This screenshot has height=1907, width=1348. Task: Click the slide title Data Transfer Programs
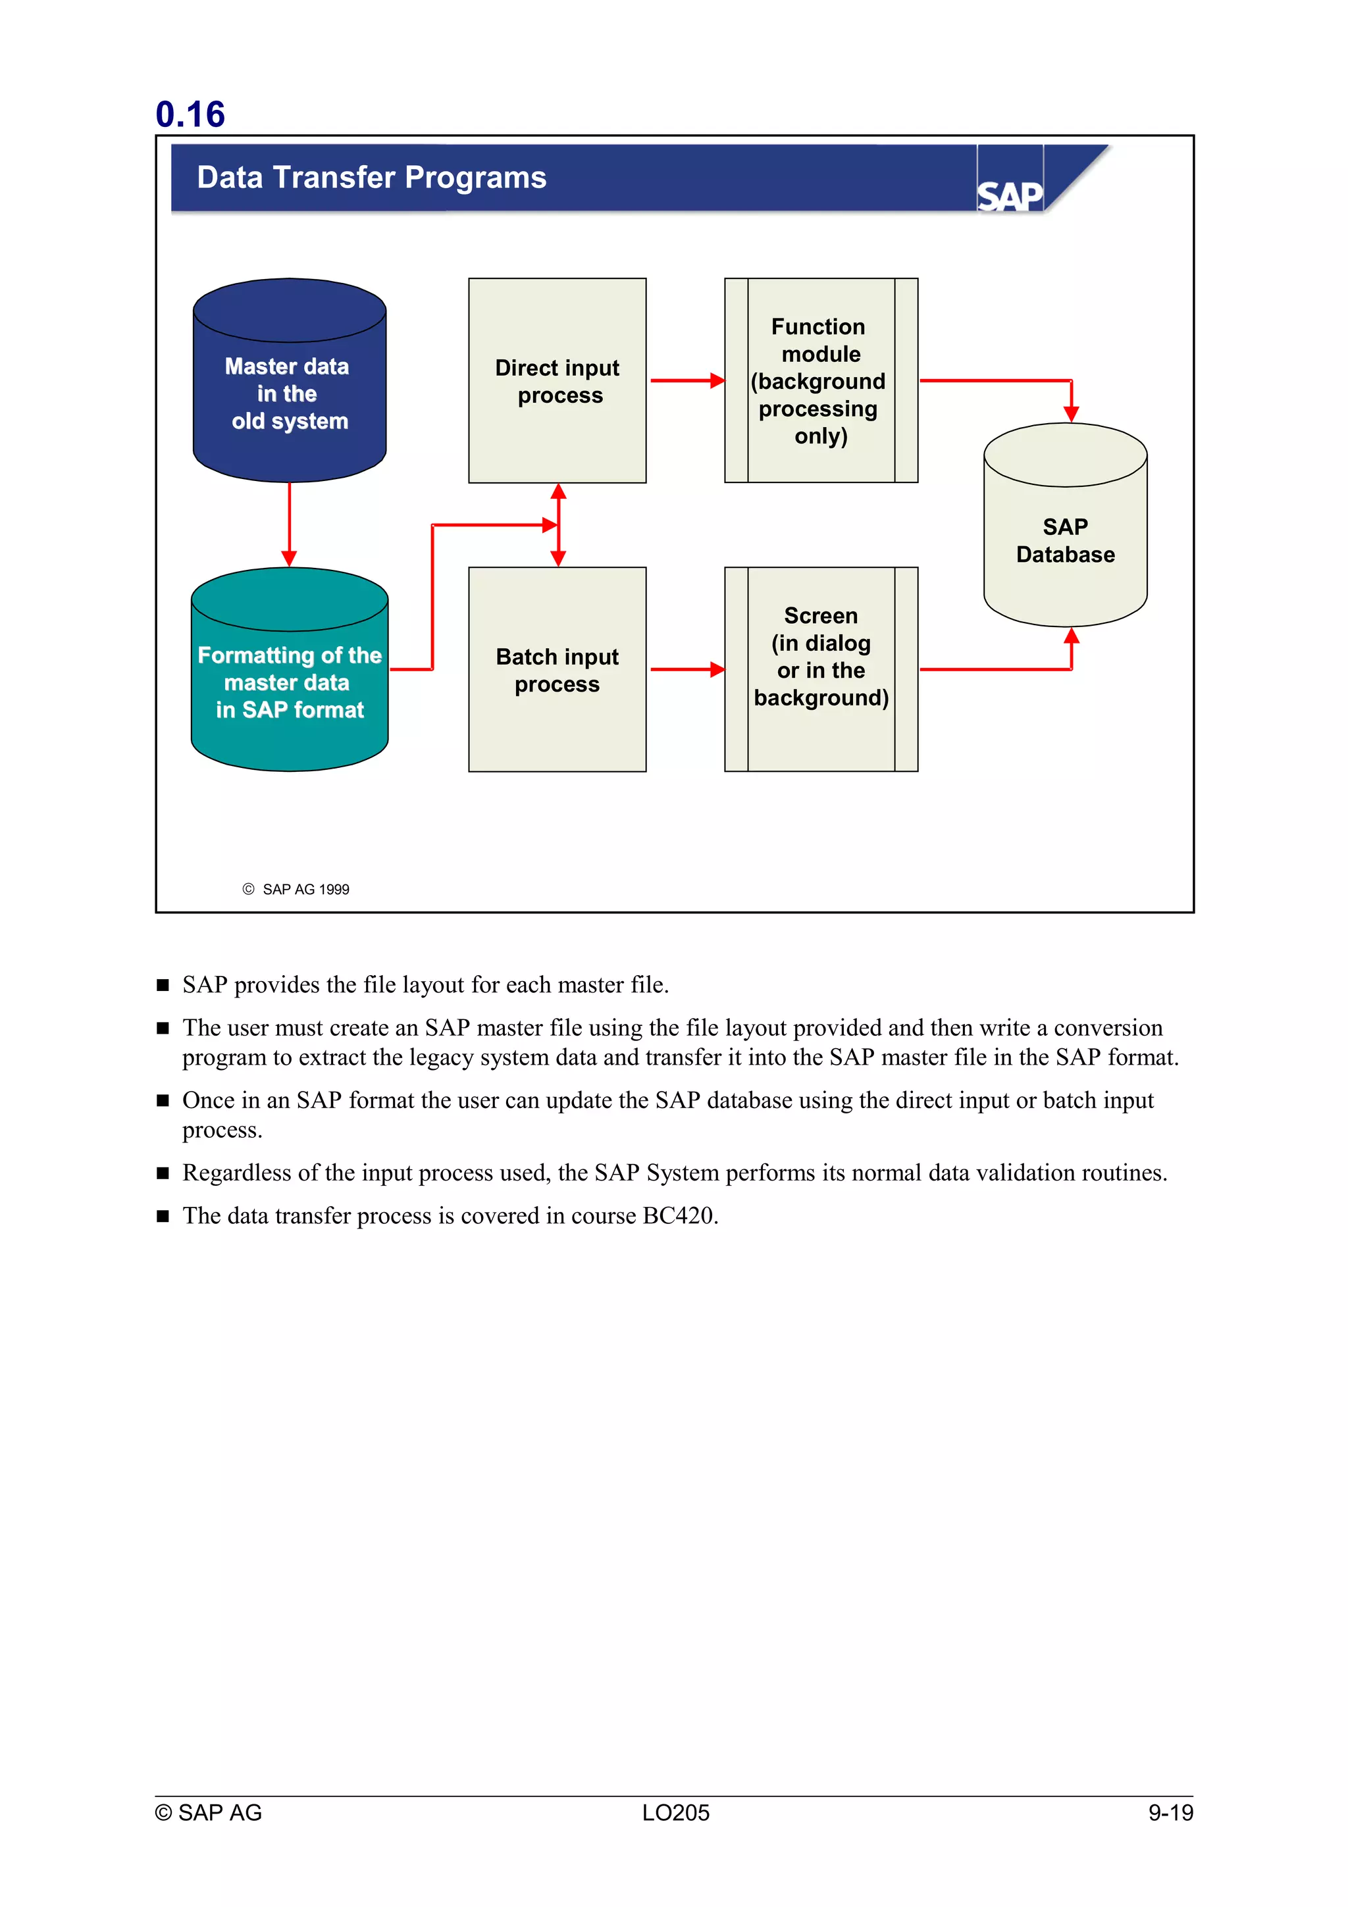(371, 178)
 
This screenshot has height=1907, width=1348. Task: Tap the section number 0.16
(190, 114)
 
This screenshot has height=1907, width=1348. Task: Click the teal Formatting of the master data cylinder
(289, 681)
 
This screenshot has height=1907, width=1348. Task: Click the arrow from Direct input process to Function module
(686, 381)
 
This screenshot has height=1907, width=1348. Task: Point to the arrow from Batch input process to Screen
(686, 669)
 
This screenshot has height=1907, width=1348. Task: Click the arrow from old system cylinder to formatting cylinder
(289, 523)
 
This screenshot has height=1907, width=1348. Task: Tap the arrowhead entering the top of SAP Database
(1071, 413)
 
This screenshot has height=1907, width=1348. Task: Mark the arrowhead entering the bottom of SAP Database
(1071, 637)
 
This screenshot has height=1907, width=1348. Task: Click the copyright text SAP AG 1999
(305, 890)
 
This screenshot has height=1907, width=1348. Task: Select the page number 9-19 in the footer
(1170, 1813)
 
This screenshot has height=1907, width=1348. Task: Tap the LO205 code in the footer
(675, 1813)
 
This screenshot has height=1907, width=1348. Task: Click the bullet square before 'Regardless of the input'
(163, 1173)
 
